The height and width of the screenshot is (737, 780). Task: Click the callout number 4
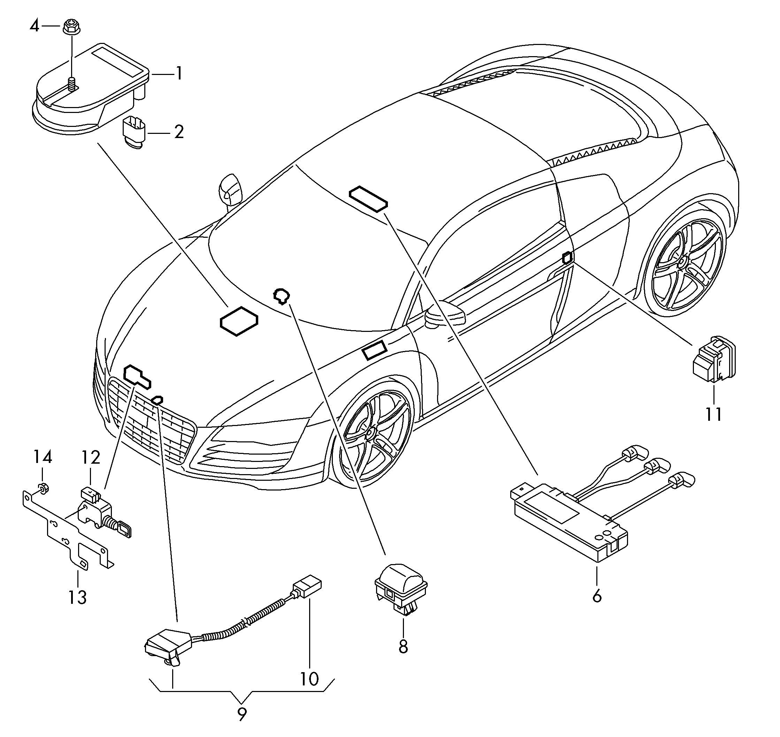pos(35,26)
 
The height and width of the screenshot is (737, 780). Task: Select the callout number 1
pos(179,74)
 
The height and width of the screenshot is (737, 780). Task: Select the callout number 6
pos(597,597)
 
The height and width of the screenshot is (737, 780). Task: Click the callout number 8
pos(403,647)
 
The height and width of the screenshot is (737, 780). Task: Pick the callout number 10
pos(309,679)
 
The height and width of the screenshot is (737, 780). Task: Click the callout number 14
pos(42,457)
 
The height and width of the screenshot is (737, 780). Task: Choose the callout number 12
pos(91,457)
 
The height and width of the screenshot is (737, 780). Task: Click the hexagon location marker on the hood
pos(239,321)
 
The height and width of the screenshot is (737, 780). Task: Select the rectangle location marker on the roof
pos(368,199)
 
